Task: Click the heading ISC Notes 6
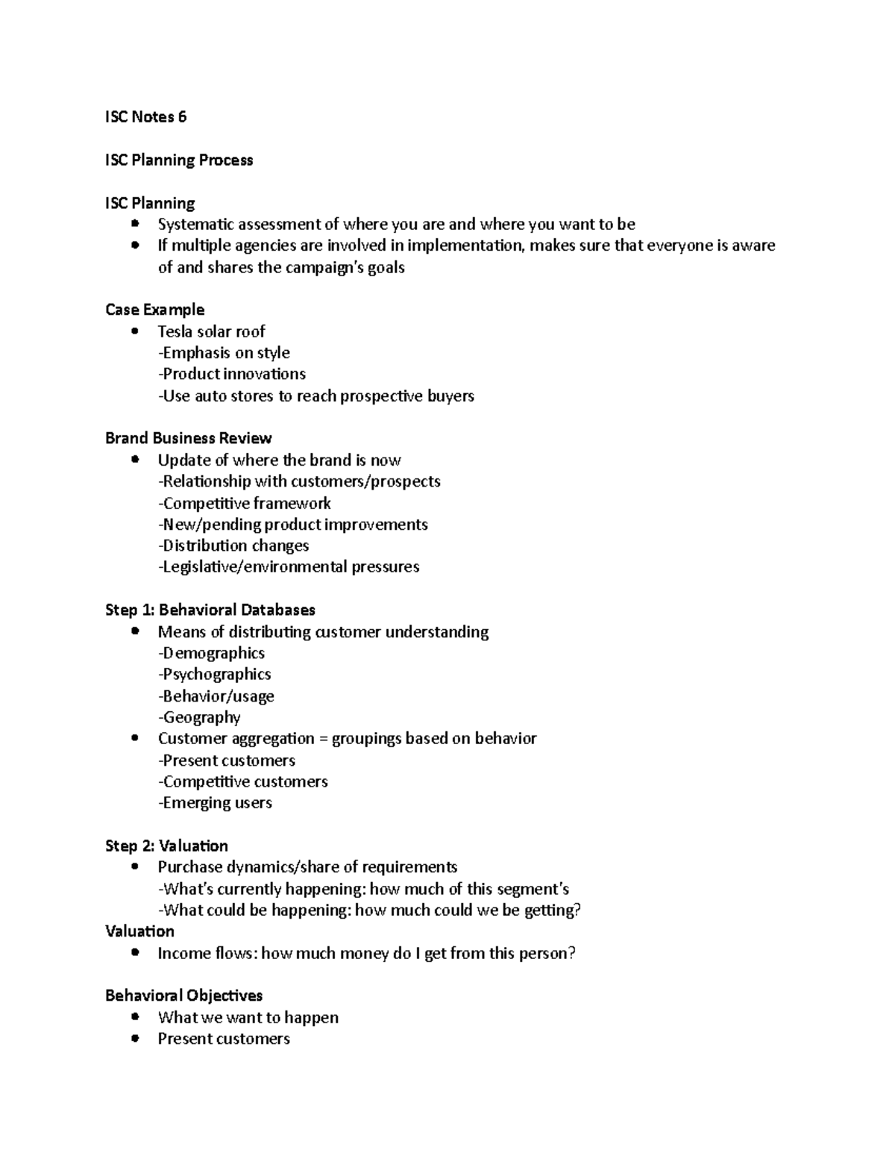[145, 117]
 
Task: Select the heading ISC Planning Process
[179, 160]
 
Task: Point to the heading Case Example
[154, 310]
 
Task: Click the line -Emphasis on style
[224, 353]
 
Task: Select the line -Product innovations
[232, 374]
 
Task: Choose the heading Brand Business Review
[188, 438]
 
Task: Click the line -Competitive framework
[244, 503]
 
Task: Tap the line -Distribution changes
[233, 546]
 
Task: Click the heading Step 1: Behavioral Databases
[210, 610]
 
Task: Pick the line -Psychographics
[214, 675]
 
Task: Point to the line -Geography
[199, 717]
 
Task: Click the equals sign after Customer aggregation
[323, 739]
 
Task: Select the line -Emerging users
[215, 803]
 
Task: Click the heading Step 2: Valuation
[166, 846]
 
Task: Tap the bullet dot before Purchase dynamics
[134, 866]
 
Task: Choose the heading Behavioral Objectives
[183, 996]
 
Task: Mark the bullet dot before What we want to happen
[134, 1017]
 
